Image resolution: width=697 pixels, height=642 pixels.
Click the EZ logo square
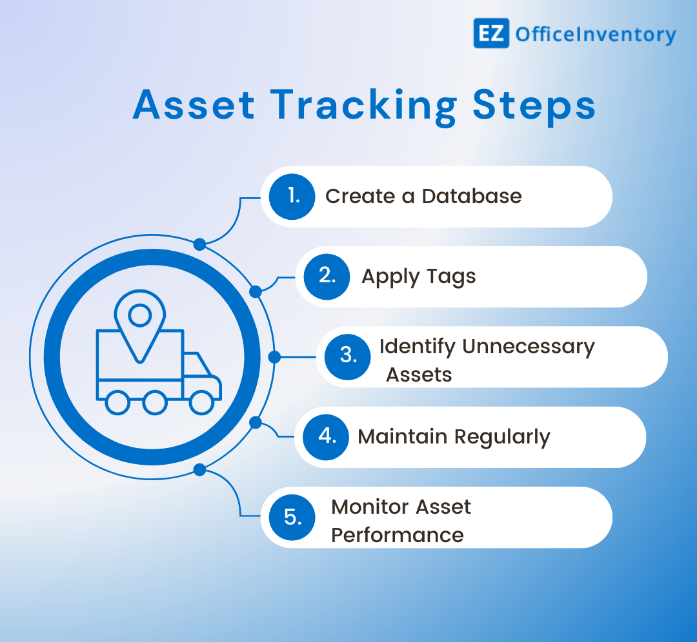491,33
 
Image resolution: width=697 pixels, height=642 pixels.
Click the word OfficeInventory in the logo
595,34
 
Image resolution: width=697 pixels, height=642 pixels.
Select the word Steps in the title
534,106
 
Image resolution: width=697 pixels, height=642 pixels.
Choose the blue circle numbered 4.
326,436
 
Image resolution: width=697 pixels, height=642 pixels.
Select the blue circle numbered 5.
292,517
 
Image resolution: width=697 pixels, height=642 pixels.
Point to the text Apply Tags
418,277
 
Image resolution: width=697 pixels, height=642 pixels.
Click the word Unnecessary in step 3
528,346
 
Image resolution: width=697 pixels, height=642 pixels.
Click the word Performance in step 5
398,535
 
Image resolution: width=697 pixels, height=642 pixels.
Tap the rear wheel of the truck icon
117,403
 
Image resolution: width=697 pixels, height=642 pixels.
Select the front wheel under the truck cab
201,403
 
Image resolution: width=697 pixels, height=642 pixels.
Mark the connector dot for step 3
274,356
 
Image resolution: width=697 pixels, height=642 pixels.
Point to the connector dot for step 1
199,244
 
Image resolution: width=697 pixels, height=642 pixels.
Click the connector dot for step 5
199,469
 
